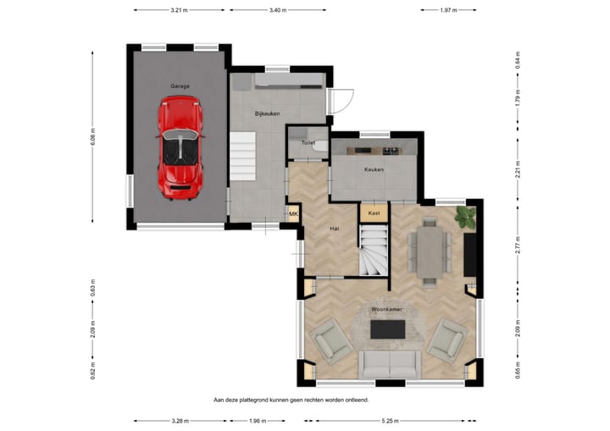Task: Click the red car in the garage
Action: [180, 148]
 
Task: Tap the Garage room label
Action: [180, 86]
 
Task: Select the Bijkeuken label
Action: [267, 113]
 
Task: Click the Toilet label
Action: [308, 143]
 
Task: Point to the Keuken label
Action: [374, 169]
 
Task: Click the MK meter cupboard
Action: [293, 214]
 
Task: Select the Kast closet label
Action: [374, 213]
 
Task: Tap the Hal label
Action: [334, 229]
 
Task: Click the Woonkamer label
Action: [386, 310]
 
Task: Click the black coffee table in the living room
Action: [387, 329]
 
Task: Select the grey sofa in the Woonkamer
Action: [390, 365]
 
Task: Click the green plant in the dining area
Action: [466, 217]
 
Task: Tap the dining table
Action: [430, 252]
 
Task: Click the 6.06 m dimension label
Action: [92, 136]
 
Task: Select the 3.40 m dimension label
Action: [278, 10]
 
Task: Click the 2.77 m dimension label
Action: [518, 245]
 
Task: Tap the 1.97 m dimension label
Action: [448, 10]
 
